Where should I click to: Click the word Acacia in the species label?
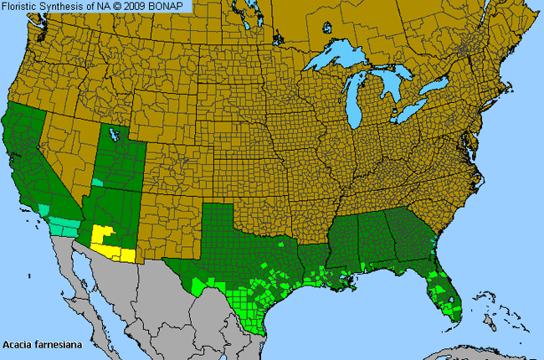18,344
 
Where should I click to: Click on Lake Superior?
339,60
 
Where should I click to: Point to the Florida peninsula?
448,293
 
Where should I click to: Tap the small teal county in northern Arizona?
98,182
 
